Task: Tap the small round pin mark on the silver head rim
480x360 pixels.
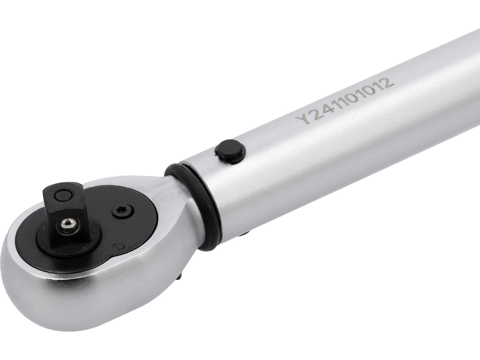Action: tap(117, 246)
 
